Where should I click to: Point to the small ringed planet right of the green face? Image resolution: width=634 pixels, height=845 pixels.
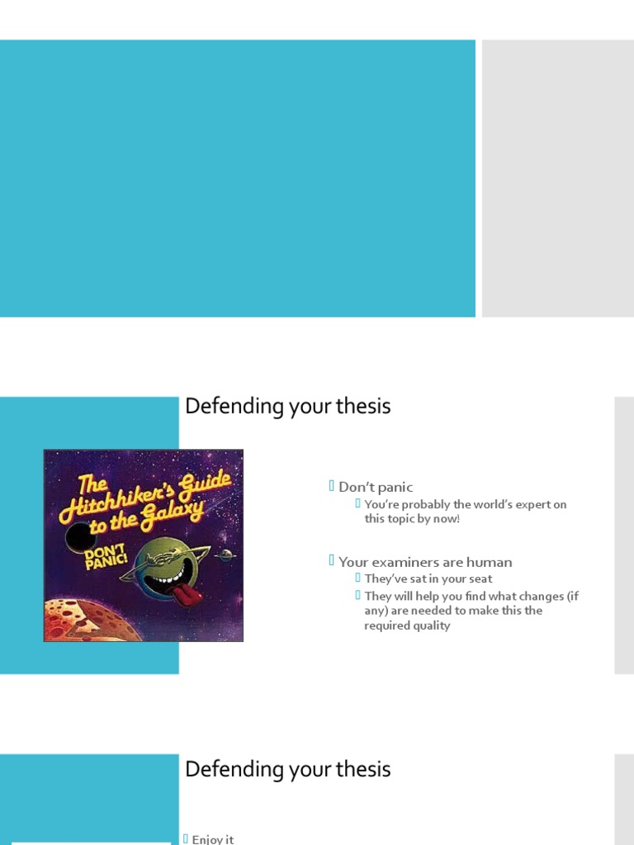(225, 556)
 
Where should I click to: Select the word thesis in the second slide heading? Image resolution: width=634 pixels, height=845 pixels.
(359, 406)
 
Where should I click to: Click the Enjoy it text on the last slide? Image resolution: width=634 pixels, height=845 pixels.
(213, 839)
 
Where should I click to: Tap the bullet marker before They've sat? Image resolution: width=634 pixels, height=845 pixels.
(358, 578)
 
